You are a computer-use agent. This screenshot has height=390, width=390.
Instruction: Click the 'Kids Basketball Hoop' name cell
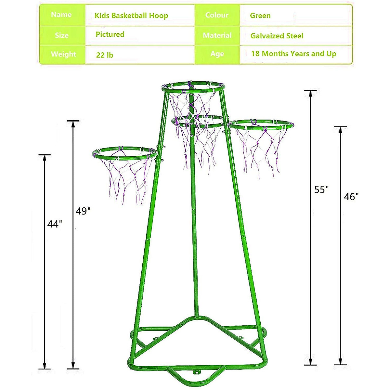pyautogui.click(x=131, y=16)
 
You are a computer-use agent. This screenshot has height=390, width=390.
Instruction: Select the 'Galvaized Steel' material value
pyautogui.click(x=277, y=36)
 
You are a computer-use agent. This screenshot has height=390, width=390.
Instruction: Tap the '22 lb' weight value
pyautogui.click(x=105, y=55)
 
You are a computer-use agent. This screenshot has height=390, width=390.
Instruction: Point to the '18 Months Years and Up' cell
pyautogui.click(x=293, y=54)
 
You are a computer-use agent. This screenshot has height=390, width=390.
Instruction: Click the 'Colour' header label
pyautogui.click(x=217, y=15)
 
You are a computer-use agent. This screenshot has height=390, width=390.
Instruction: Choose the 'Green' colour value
pyautogui.click(x=260, y=16)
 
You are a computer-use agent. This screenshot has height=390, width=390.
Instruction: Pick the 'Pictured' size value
pyautogui.click(x=110, y=34)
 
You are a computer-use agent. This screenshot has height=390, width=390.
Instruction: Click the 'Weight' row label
pyautogui.click(x=63, y=54)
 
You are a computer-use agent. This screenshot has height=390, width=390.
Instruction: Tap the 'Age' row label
pyautogui.click(x=217, y=54)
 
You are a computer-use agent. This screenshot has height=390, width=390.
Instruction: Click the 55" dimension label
pyautogui.click(x=321, y=189)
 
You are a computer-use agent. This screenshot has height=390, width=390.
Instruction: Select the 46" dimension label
pyautogui.click(x=351, y=197)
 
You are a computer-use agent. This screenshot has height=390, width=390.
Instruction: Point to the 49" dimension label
pyautogui.click(x=83, y=211)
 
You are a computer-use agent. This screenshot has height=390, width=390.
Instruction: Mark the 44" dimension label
pyautogui.click(x=54, y=224)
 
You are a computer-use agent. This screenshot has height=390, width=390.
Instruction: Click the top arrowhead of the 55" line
pyautogui.click(x=310, y=93)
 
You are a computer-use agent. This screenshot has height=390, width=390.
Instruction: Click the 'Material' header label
pyautogui.click(x=217, y=35)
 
